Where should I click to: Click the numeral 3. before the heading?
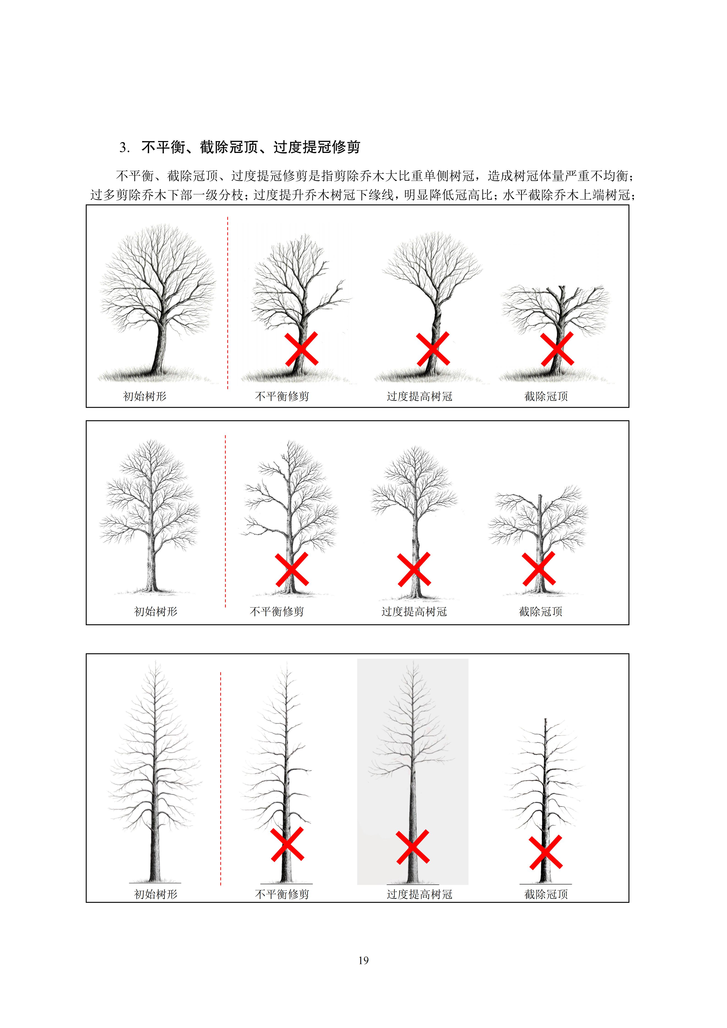[x=125, y=147]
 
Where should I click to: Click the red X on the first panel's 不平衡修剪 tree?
[x=301, y=349]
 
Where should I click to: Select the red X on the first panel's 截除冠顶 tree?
[x=557, y=349]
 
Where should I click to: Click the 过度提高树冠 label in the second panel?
[x=414, y=612]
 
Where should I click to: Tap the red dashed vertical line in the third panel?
[x=221, y=779]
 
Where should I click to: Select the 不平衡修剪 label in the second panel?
[x=277, y=612]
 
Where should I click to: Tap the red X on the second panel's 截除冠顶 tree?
[x=539, y=569]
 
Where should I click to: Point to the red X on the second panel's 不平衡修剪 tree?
[x=291, y=569]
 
